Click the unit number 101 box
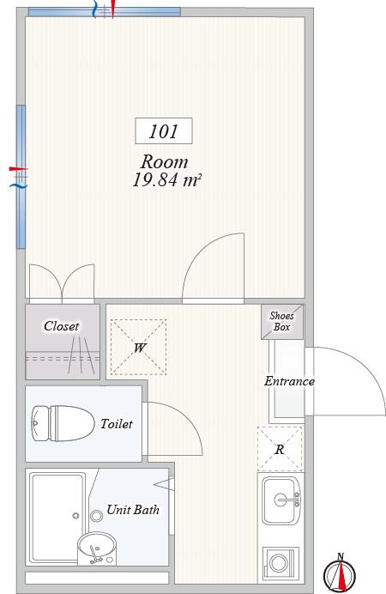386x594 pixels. pyautogui.click(x=164, y=131)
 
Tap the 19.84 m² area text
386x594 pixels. pyautogui.click(x=166, y=180)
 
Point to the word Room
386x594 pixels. pyautogui.click(x=164, y=161)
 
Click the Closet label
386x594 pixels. pyautogui.click(x=61, y=326)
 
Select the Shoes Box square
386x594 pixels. pyautogui.click(x=282, y=322)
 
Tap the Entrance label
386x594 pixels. pyautogui.click(x=289, y=381)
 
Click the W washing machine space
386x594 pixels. pyautogui.click(x=138, y=348)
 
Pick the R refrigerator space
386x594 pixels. pyautogui.click(x=280, y=450)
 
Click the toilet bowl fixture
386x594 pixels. pyautogui.click(x=63, y=423)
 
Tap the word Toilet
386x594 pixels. pyautogui.click(x=116, y=423)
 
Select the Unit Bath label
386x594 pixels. pyautogui.click(x=133, y=510)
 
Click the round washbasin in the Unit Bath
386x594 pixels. pyautogui.click(x=96, y=548)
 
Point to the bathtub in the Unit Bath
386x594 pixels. pyautogui.click(x=57, y=518)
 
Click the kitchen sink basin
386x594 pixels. pyautogui.click(x=281, y=500)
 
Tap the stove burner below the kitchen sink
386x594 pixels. pyautogui.click(x=279, y=563)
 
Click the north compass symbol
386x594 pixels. pyautogui.click(x=340, y=573)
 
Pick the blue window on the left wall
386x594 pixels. pyautogui.click(x=21, y=177)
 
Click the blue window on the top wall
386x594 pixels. pyautogui.click(x=105, y=12)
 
